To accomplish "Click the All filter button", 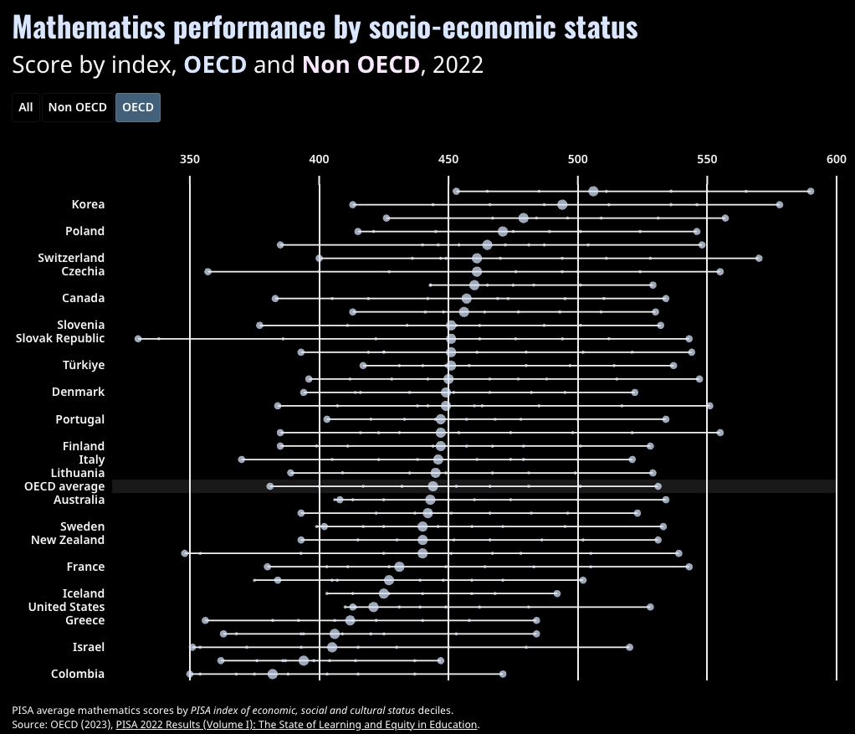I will pyautogui.click(x=26, y=107).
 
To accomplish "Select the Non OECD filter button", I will pyautogui.click(x=78, y=107).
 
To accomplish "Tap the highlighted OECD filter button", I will pyautogui.click(x=138, y=107).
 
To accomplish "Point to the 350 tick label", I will pyautogui.click(x=190, y=159).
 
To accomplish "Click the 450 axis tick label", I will pyautogui.click(x=448, y=159).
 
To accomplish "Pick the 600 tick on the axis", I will pyautogui.click(x=836, y=159).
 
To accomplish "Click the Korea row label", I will pyautogui.click(x=88, y=204).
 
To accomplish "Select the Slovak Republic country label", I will pyautogui.click(x=60, y=338).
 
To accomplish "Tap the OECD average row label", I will pyautogui.click(x=64, y=486).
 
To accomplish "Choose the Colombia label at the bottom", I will pyautogui.click(x=78, y=674).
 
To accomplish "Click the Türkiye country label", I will pyautogui.click(x=84, y=365).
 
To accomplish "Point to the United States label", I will pyautogui.click(x=67, y=607).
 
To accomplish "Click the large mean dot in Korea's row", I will pyautogui.click(x=562, y=205).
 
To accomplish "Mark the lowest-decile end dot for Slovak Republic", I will pyautogui.click(x=138, y=339).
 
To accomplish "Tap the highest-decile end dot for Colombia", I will pyautogui.click(x=503, y=674).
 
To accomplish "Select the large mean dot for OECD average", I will pyautogui.click(x=433, y=486).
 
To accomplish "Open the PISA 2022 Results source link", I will pyautogui.click(x=296, y=724).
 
